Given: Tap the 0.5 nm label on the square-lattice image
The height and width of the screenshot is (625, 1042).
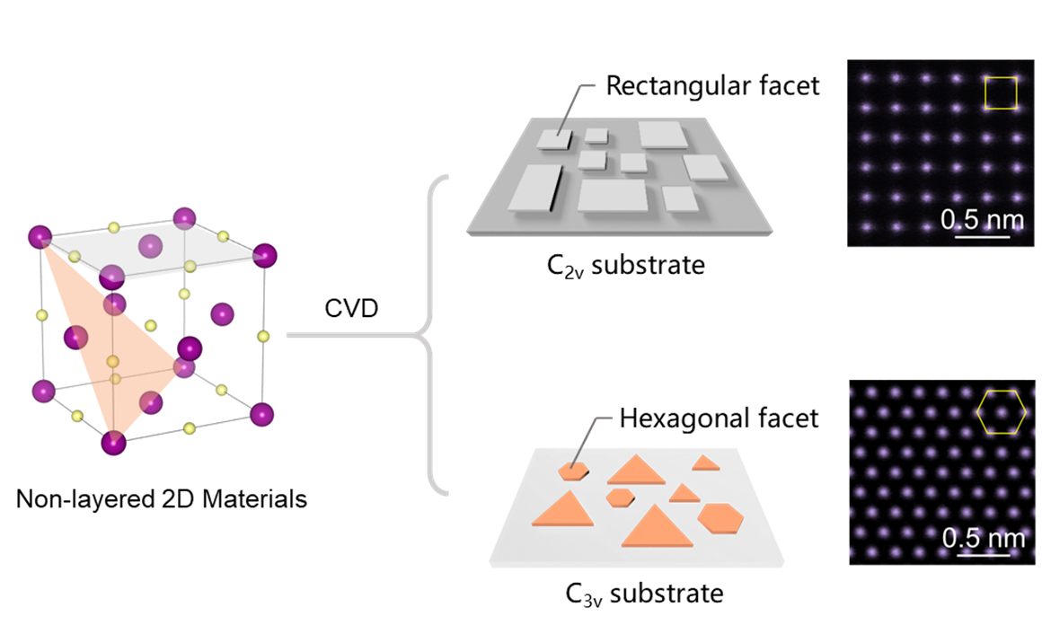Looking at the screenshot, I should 982,219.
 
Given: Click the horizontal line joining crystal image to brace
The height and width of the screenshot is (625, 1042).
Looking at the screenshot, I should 350,336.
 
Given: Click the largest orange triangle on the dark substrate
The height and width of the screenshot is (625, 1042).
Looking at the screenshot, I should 657,526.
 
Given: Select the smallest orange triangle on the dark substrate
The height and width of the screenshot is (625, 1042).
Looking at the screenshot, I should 706,463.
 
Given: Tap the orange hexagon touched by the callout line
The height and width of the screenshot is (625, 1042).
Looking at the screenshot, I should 573,470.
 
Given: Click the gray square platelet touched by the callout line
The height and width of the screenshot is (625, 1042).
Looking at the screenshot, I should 554,138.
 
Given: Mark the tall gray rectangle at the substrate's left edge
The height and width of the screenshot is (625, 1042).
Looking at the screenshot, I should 534,188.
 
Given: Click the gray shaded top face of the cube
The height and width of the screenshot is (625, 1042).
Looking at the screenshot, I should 153,248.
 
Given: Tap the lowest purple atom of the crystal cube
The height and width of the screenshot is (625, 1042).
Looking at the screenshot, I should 114,443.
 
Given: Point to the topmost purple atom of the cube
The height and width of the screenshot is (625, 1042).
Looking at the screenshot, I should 184,216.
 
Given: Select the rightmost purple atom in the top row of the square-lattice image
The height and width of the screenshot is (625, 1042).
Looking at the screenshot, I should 1016,78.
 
